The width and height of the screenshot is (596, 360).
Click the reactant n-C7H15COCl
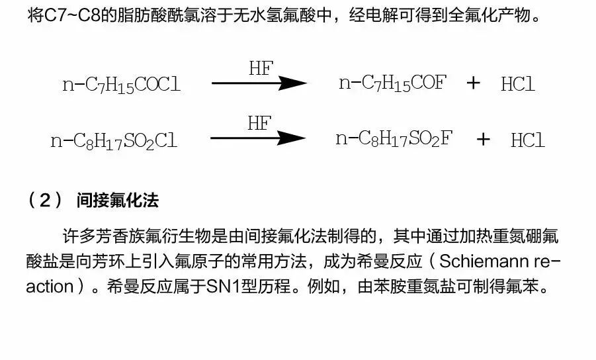click(121, 85)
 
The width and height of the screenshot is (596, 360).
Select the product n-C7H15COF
click(392, 83)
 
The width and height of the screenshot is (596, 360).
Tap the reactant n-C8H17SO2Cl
click(114, 140)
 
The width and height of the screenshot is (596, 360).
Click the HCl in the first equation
click(517, 84)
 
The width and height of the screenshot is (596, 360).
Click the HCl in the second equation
click(527, 140)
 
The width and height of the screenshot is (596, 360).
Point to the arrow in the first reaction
click(259, 83)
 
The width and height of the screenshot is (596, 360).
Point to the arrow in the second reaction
click(258, 138)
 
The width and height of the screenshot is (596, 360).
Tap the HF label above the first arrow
click(260, 68)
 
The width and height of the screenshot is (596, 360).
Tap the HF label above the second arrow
click(259, 123)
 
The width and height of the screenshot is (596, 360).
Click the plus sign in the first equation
click(474, 83)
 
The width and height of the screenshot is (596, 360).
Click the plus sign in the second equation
click(484, 139)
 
